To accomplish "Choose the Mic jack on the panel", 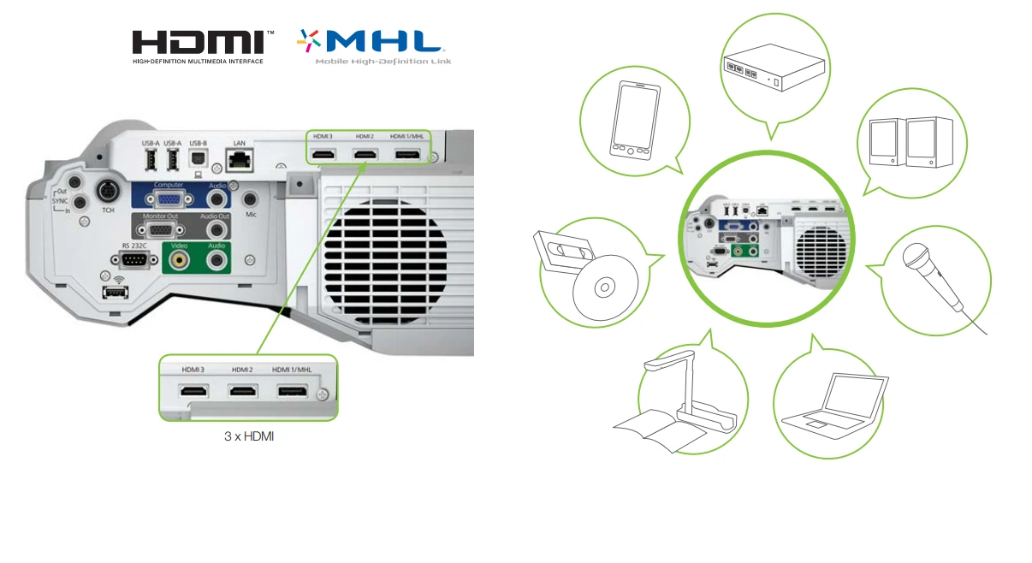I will (x=251, y=199).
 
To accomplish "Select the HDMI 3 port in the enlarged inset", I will (x=193, y=392).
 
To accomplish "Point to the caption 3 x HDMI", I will (x=248, y=437).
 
